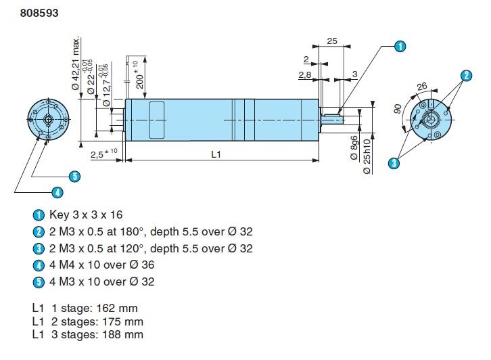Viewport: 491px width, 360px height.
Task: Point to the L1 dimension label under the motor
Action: click(216, 154)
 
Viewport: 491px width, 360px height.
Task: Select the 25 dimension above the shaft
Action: click(331, 42)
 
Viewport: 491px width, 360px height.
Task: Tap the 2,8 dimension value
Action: click(305, 75)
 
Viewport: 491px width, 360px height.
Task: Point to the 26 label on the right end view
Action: click(422, 86)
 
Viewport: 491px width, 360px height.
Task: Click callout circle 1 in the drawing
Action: click(400, 46)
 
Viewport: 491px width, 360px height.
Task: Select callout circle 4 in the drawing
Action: click(57, 193)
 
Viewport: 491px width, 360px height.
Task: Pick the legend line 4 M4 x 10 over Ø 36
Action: click(101, 265)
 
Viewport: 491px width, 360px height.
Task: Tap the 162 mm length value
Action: click(119, 308)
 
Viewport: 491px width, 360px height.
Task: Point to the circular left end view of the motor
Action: click(49, 118)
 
